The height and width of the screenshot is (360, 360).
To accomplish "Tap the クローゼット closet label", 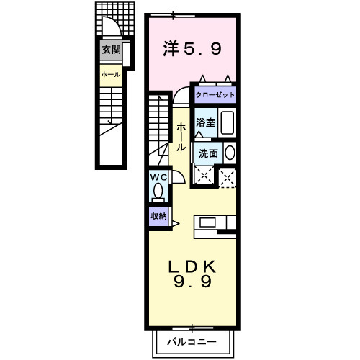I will point(214,95).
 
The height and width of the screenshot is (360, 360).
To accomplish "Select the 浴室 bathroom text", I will point(206,122).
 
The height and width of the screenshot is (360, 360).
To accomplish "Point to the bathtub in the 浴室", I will point(227,123).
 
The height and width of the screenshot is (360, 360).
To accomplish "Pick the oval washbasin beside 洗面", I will point(230,153).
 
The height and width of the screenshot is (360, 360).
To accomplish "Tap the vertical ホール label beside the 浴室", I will point(180,135).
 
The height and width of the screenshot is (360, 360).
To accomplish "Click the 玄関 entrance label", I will point(110,50).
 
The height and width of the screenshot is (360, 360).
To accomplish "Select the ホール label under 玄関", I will point(110,74).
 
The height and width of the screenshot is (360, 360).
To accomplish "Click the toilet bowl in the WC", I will point(158,193).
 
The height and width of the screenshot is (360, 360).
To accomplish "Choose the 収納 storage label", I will point(158,215).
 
